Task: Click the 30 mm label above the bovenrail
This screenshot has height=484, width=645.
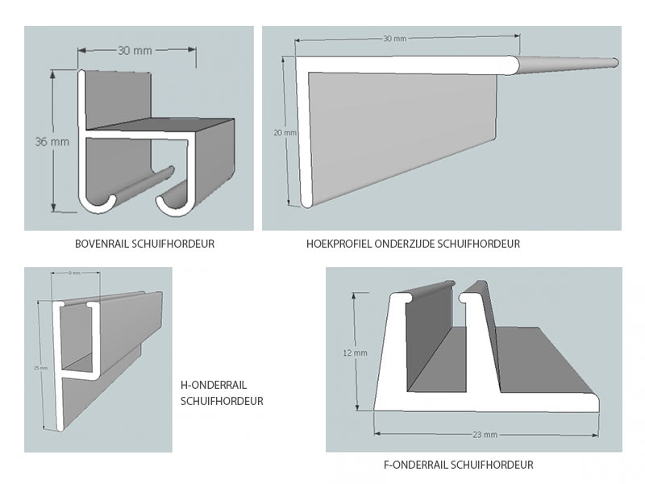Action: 135,50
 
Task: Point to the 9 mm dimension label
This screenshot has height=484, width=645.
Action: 74,273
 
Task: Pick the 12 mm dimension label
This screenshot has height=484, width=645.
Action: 355,353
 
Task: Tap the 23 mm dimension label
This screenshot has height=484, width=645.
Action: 485,434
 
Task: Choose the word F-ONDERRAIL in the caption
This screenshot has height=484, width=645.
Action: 416,465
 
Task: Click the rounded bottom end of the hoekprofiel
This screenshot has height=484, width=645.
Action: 305,199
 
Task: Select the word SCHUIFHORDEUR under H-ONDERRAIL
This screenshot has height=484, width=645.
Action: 222,401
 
